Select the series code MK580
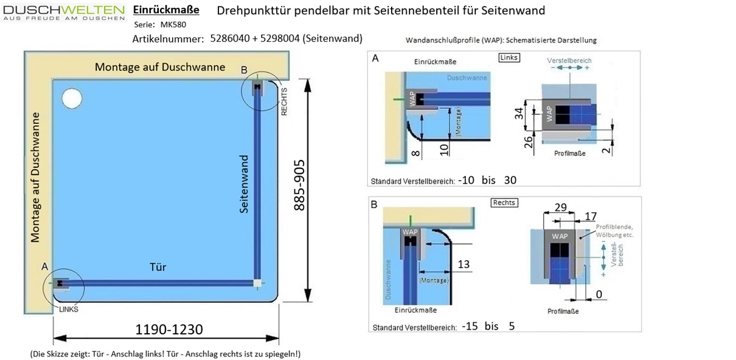tap(173, 25)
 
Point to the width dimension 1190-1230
tap(168, 329)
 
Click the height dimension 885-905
tap(300, 185)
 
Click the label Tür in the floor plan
tap(158, 267)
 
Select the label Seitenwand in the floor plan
tap(244, 183)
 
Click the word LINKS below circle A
tap(69, 309)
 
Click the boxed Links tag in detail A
tap(509, 58)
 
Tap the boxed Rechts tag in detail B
tap(504, 202)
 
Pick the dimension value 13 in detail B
tap(463, 264)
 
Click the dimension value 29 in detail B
tap(560, 207)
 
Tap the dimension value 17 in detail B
tap(590, 216)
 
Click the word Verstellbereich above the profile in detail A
tap(569, 61)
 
